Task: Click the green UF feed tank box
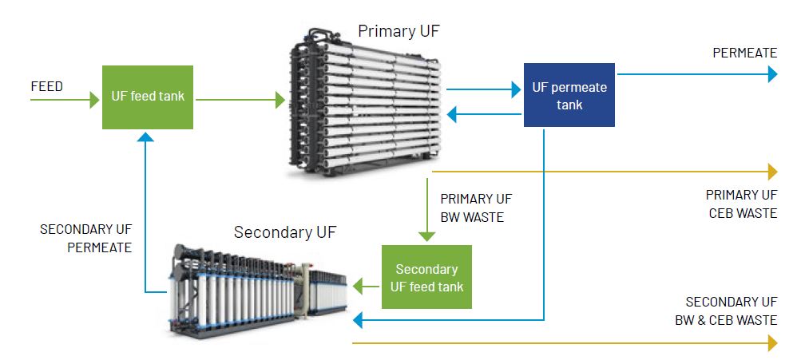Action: pos(148,97)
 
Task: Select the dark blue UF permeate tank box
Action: pos(569,96)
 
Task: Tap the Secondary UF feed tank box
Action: pos(426,276)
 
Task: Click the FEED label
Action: pos(47,86)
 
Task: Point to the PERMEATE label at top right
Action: pos(744,53)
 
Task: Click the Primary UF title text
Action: pos(398,31)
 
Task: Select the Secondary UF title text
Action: pos(285,232)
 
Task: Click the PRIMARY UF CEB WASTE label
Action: pos(741,204)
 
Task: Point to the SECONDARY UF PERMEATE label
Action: pos(85,238)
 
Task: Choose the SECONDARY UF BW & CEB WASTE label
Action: pos(731,311)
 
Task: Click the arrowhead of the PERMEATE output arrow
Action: pos(772,74)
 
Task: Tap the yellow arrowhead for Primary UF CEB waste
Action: pos(772,172)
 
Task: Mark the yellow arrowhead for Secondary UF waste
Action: pos(772,343)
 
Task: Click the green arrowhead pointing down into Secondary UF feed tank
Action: pos(426,236)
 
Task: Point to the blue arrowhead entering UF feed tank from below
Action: pos(144,137)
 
